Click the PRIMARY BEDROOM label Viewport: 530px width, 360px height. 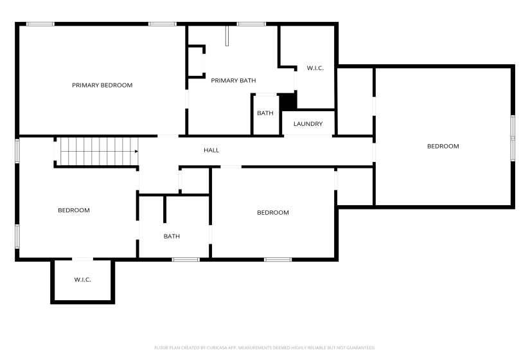(x=102, y=85)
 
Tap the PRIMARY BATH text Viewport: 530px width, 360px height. (x=233, y=80)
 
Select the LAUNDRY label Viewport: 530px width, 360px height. (x=308, y=124)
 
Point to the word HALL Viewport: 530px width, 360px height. (x=211, y=150)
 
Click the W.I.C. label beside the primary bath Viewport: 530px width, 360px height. (x=315, y=68)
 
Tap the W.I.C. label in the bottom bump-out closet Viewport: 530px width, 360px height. (x=82, y=280)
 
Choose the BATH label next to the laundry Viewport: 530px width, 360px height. (x=265, y=113)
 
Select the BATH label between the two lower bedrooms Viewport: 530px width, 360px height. (x=172, y=237)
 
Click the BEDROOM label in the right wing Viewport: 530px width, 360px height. (x=443, y=146)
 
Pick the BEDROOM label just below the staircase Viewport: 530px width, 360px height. (x=74, y=210)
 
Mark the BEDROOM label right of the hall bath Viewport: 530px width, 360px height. (x=273, y=213)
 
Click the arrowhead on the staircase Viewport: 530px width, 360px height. (x=137, y=152)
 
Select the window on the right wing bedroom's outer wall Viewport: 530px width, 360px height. (x=513, y=137)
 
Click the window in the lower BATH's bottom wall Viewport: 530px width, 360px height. (x=186, y=259)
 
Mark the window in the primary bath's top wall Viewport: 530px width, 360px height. (x=251, y=24)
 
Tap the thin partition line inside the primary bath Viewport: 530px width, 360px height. (x=227, y=37)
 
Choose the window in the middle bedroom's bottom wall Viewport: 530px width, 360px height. (x=278, y=259)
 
